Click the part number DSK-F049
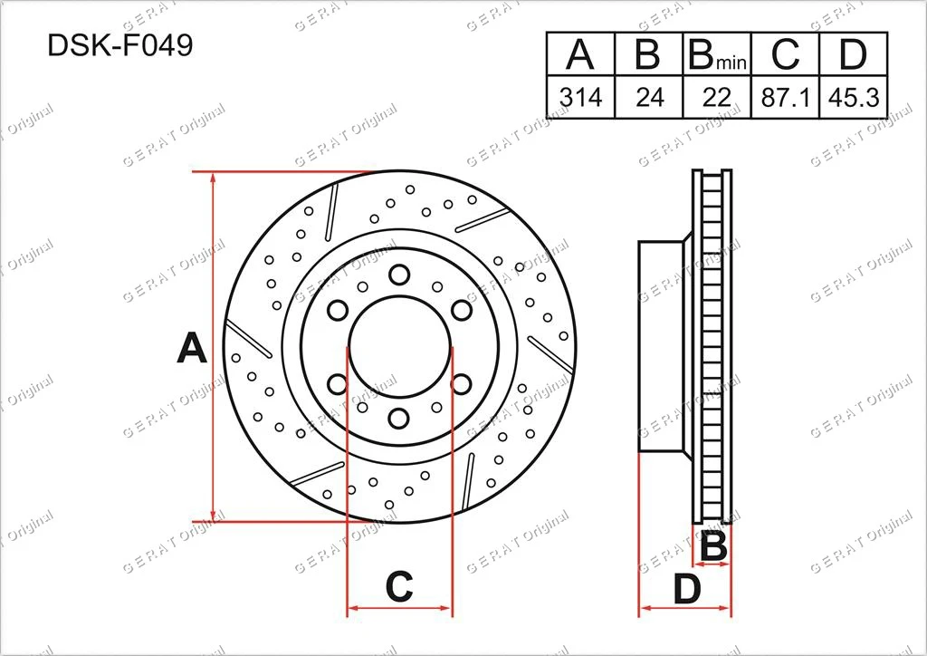[120, 46]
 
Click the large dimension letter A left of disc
[191, 348]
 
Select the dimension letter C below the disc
[399, 587]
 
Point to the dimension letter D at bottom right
[688, 591]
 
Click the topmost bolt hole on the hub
[398, 275]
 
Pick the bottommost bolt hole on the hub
[398, 419]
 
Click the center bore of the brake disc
[399, 346]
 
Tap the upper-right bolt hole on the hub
[461, 311]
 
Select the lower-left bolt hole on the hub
[337, 383]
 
